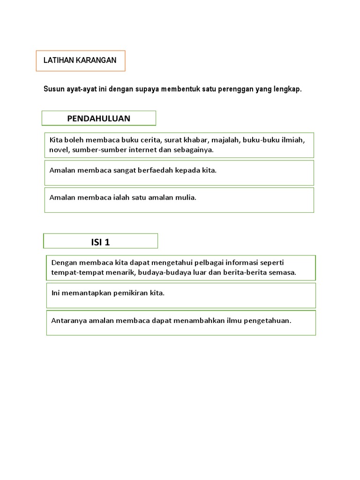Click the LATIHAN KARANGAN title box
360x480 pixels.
tap(80, 60)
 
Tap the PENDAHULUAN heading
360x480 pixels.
tap(98, 119)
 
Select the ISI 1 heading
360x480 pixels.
tap(100, 242)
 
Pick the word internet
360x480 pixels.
tap(141, 150)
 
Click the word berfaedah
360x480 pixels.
tap(156, 170)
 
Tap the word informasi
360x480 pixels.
tap(229, 262)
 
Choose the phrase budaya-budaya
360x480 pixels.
tap(161, 272)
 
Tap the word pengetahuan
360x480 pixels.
tap(266, 321)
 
